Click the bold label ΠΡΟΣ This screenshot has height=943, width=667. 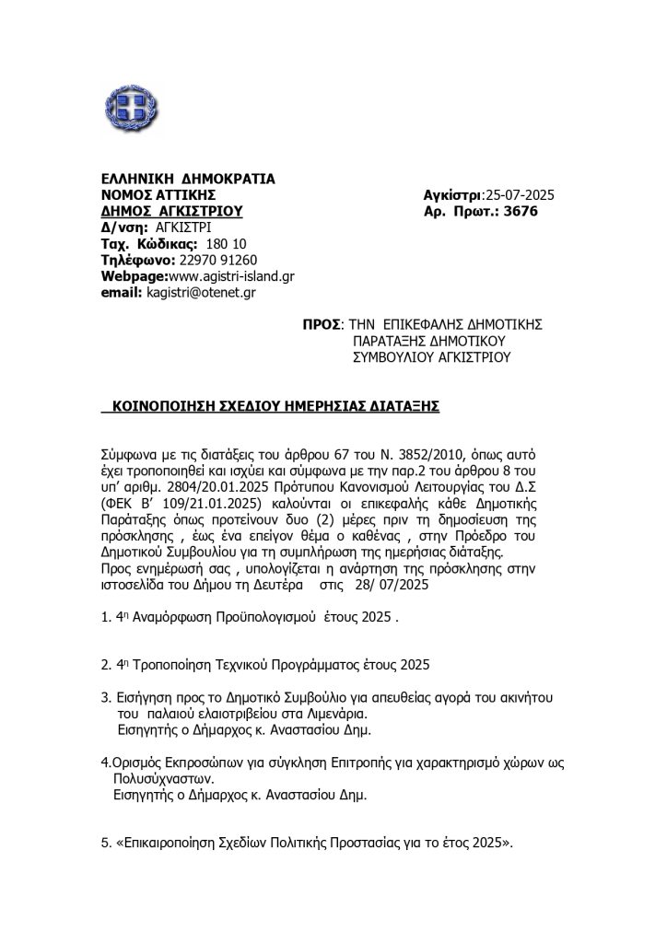pyautogui.click(x=322, y=324)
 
